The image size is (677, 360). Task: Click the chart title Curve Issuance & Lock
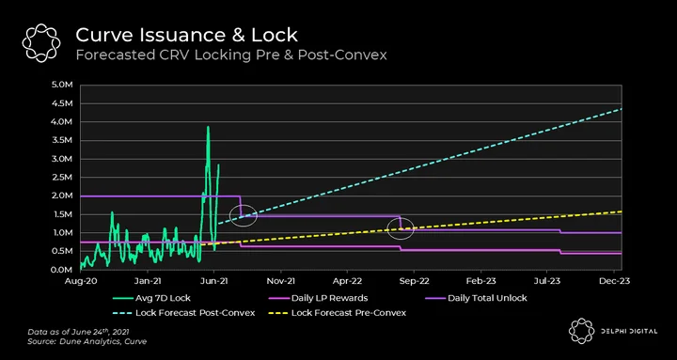click(186, 35)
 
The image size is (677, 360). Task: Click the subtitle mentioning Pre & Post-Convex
click(231, 55)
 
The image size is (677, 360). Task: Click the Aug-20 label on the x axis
click(81, 281)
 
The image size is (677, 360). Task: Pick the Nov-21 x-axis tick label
click(281, 281)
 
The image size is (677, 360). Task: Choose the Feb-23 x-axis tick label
click(481, 281)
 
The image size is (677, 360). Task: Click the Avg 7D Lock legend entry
click(151, 298)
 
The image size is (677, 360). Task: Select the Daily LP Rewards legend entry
click(319, 298)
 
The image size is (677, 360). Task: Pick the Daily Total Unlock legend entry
click(476, 298)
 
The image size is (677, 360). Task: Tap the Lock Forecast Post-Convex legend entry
click(184, 312)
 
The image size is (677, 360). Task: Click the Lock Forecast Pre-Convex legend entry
click(338, 312)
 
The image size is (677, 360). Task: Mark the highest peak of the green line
click(208, 127)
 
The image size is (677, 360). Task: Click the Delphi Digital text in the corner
click(628, 332)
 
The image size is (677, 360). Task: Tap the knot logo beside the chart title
click(41, 43)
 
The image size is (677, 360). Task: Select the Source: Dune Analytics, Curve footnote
click(87, 341)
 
